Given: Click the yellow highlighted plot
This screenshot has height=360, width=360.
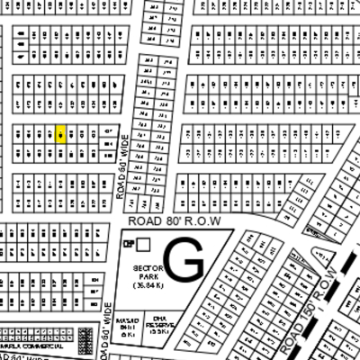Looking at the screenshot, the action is (61, 134).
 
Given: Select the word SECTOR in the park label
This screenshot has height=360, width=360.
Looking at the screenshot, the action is (146, 269).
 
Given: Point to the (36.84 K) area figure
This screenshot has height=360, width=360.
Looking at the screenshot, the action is (146, 285).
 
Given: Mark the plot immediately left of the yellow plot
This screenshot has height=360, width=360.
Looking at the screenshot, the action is (50, 134).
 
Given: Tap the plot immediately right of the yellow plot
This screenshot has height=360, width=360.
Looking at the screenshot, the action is (72, 134).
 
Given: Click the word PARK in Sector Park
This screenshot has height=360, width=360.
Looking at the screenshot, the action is (146, 277).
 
